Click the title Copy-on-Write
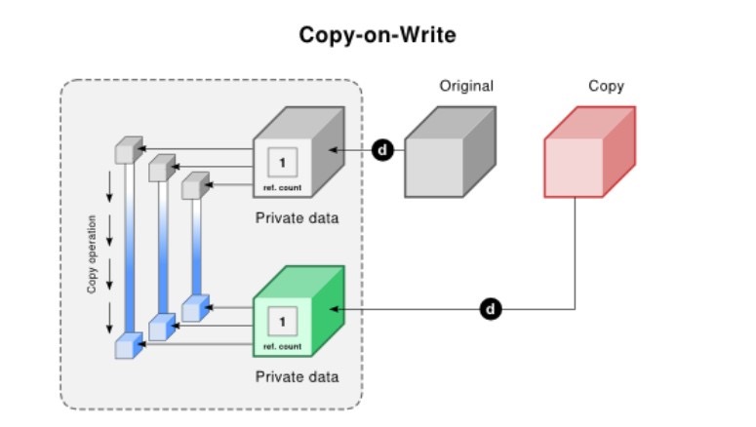pos(377,35)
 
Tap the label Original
pos(466,86)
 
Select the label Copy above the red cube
pos(605,86)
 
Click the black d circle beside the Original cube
pos(383,151)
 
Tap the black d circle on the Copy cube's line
pos(492,310)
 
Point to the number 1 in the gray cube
pos(283,159)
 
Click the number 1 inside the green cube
pos(283,320)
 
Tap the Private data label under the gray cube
pos(297,217)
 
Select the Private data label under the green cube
pos(297,375)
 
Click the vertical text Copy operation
pos(92,253)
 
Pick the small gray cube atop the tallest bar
pos(128,150)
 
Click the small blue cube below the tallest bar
pos(128,343)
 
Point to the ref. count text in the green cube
pos(283,345)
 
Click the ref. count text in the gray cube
pos(283,185)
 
